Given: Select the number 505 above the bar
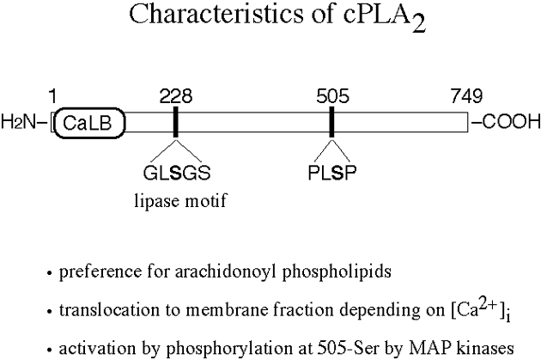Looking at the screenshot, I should point(332,96).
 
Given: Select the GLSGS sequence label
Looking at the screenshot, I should point(175,170).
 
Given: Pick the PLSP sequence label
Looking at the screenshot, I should point(331,170).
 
